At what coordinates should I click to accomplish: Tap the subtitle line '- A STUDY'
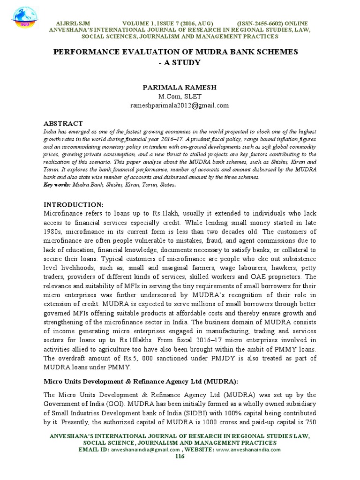[x=180, y=62]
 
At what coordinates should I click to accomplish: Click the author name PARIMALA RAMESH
[x=180, y=88]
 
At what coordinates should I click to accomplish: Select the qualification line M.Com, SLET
[x=180, y=97]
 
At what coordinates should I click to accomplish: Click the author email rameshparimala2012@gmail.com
[x=180, y=105]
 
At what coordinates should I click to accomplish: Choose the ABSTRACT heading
[x=63, y=123]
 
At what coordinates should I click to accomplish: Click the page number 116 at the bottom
[x=180, y=456]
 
